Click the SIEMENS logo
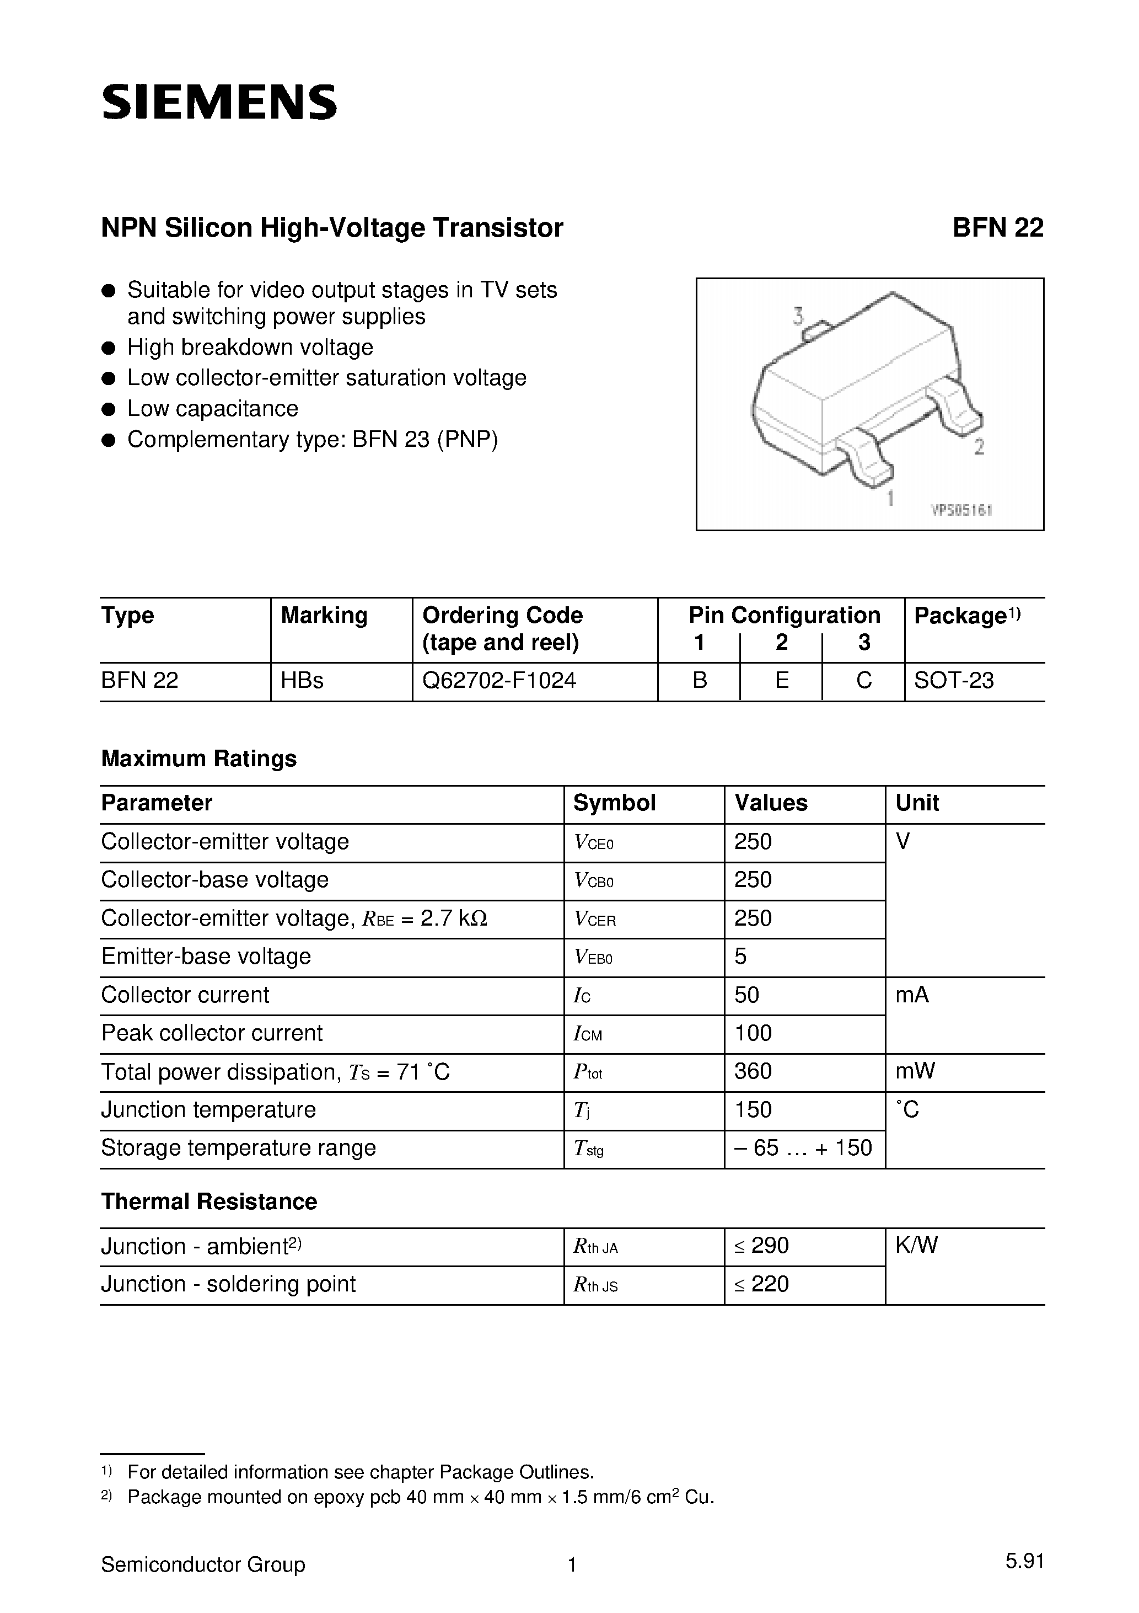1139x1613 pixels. tap(219, 102)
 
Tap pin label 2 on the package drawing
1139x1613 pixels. tap(979, 446)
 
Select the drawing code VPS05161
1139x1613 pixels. tap(961, 511)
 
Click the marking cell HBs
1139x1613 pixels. tap(302, 680)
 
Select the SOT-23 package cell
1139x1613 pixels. tap(954, 680)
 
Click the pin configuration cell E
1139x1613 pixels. tap(782, 680)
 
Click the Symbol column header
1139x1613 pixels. tap(615, 802)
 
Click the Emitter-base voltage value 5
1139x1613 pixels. tap(740, 956)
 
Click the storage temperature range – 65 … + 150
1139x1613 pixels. tap(803, 1147)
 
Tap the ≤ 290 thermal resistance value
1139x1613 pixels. tap(761, 1245)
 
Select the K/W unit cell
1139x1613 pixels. tap(916, 1245)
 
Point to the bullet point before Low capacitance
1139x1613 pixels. tap(108, 409)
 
